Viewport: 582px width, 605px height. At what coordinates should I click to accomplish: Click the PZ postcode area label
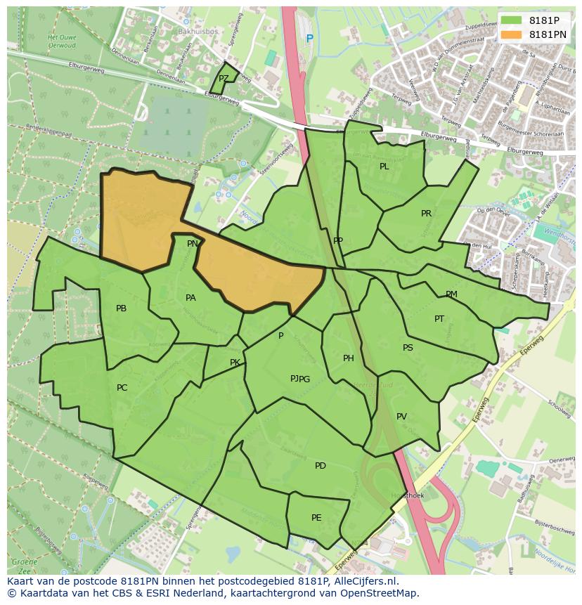pyautogui.click(x=224, y=79)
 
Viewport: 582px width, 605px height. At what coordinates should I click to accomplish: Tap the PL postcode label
pyautogui.click(x=384, y=167)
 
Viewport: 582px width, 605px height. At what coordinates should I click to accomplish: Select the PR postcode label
pyautogui.click(x=426, y=214)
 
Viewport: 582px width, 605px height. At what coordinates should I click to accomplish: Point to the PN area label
pyautogui.click(x=192, y=244)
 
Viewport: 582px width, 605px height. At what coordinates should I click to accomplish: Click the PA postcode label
pyautogui.click(x=190, y=298)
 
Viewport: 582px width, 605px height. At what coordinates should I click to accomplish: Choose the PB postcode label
pyautogui.click(x=121, y=308)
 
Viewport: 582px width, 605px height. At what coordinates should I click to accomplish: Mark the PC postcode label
pyautogui.click(x=122, y=388)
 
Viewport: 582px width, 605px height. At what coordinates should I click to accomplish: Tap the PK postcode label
pyautogui.click(x=235, y=363)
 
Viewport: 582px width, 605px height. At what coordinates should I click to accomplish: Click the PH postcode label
pyautogui.click(x=348, y=358)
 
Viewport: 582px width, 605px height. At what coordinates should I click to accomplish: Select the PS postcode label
pyautogui.click(x=408, y=348)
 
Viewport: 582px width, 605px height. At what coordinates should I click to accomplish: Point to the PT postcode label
pyautogui.click(x=439, y=319)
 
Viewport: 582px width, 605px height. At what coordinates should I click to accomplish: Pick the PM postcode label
pyautogui.click(x=451, y=294)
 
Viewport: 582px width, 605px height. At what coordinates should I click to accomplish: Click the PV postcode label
pyautogui.click(x=401, y=417)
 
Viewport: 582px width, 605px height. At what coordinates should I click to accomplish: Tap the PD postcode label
pyautogui.click(x=320, y=466)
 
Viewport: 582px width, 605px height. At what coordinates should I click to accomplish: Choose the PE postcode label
pyautogui.click(x=316, y=518)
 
